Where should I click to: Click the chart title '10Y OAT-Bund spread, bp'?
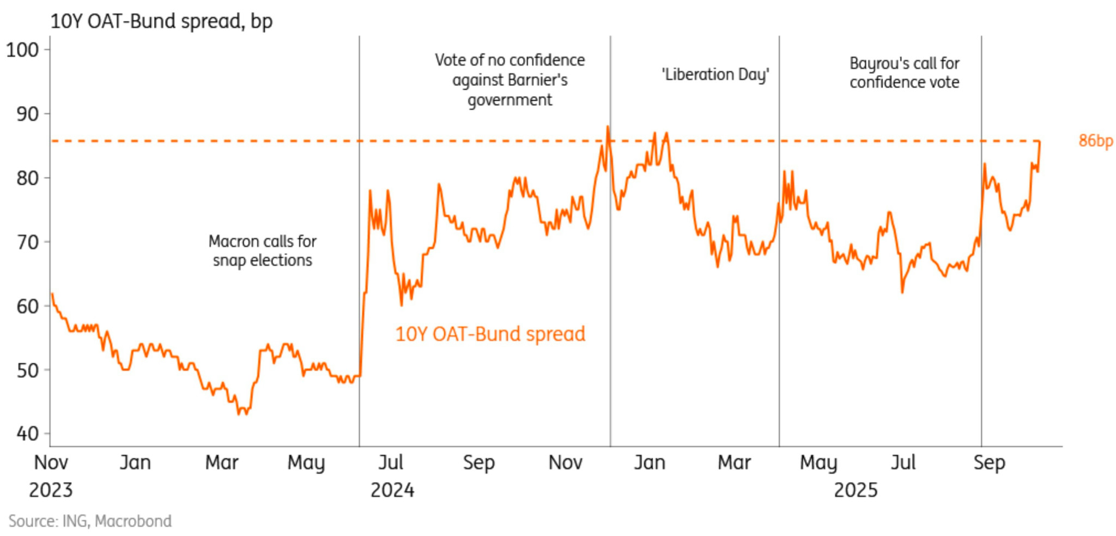coord(161,21)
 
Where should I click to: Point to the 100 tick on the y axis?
coord(22,50)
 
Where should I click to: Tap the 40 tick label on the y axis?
coord(27,434)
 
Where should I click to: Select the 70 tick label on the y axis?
coord(27,242)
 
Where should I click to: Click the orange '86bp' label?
coord(1095,141)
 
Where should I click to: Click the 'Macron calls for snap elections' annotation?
coord(262,251)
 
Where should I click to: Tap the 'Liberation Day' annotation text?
coord(715,74)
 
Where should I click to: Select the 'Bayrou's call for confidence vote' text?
coord(904,73)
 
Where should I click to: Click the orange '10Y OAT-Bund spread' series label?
coord(490,334)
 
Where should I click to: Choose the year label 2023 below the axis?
coord(50,490)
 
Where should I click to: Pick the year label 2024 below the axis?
coord(392,490)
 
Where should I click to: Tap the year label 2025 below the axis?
coord(856,490)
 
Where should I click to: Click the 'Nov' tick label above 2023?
coord(51,462)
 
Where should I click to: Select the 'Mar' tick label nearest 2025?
coord(734,462)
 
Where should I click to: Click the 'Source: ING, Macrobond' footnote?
coord(90,521)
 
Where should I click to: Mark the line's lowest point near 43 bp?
coord(239,414)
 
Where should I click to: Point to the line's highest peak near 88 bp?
coord(608,127)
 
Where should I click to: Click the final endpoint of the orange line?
coord(1040,142)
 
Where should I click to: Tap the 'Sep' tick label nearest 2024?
coord(478,462)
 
